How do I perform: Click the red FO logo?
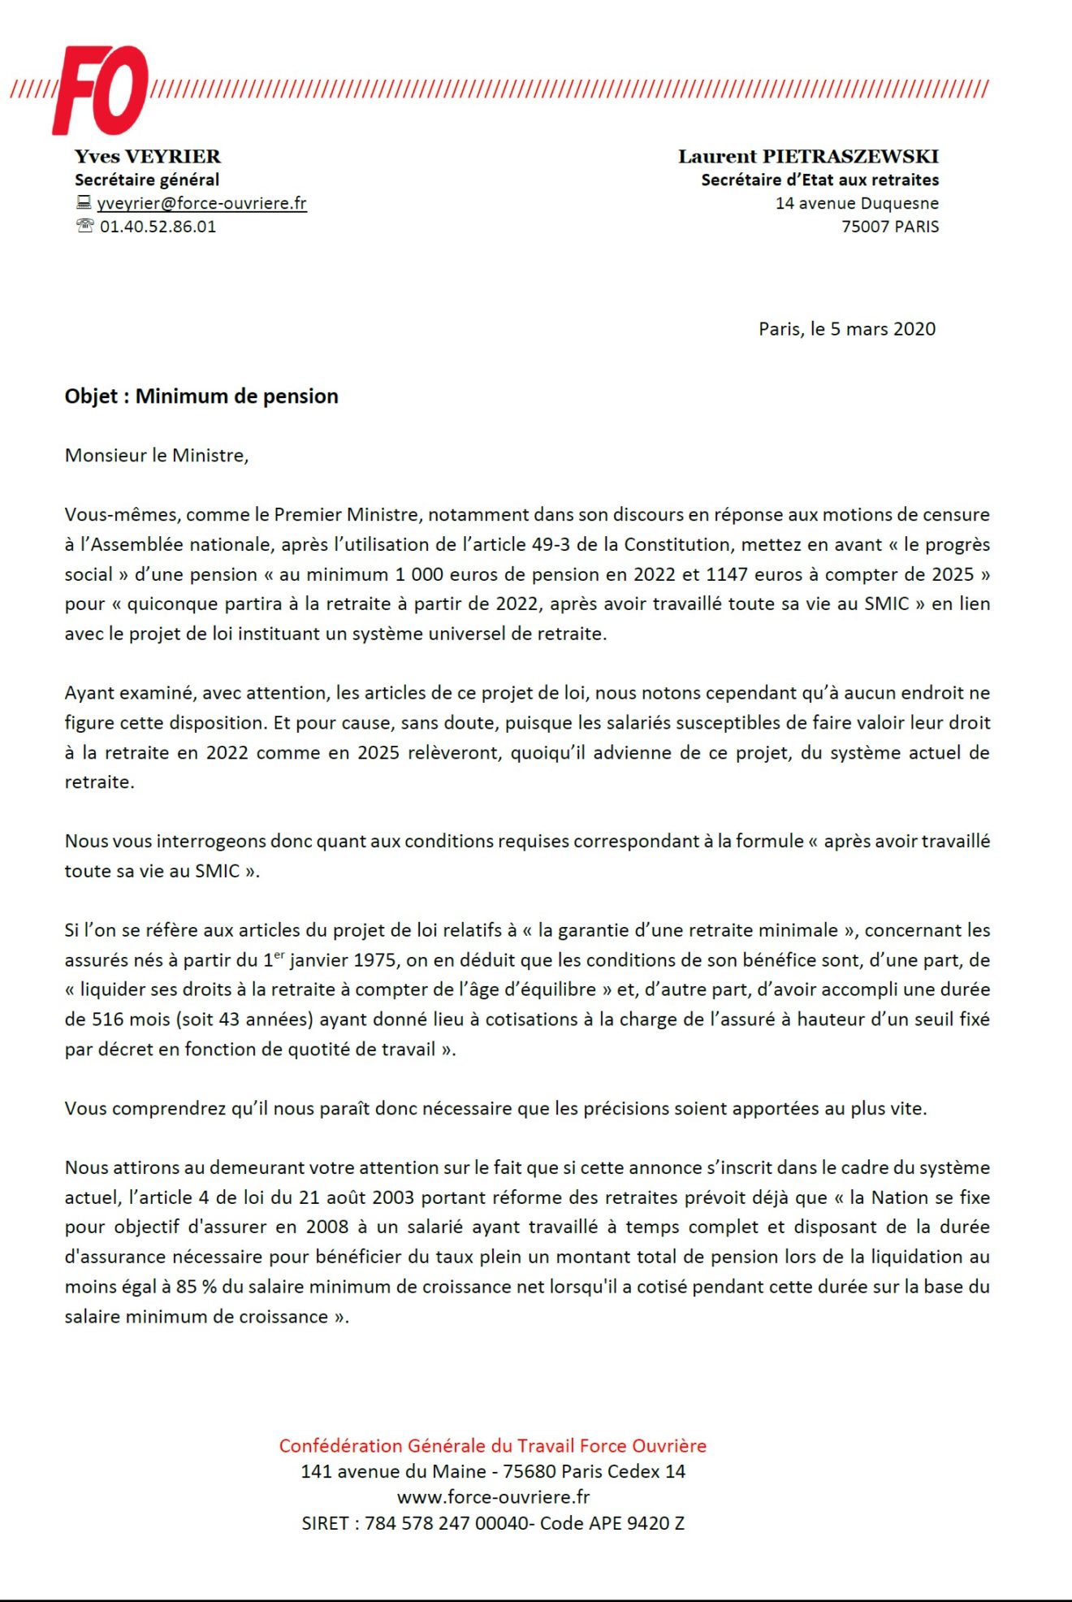pyautogui.click(x=101, y=90)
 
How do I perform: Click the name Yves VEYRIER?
pyautogui.click(x=148, y=156)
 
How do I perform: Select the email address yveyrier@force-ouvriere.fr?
pyautogui.click(x=201, y=203)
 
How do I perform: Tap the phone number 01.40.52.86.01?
pyautogui.click(x=158, y=227)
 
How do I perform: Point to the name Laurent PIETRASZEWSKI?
pyautogui.click(x=808, y=156)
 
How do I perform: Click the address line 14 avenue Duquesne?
pyautogui.click(x=857, y=203)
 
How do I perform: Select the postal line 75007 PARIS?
pyautogui.click(x=890, y=227)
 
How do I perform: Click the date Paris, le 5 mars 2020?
pyautogui.click(x=847, y=329)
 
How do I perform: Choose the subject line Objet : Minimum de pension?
pyautogui.click(x=201, y=396)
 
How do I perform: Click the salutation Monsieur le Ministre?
pyautogui.click(x=157, y=456)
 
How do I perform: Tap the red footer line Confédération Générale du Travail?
pyautogui.click(x=492, y=1446)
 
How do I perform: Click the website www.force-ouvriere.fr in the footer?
pyautogui.click(x=493, y=1496)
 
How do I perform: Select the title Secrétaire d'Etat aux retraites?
pyautogui.click(x=820, y=180)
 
